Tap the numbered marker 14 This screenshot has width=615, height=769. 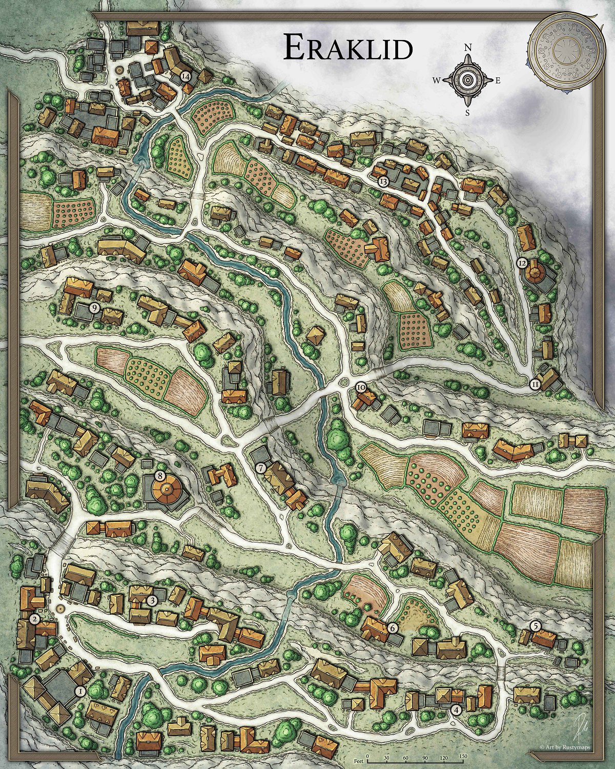click(x=186, y=76)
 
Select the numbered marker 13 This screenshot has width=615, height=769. click(x=383, y=181)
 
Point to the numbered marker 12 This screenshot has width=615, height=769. click(x=522, y=263)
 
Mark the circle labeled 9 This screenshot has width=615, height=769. click(x=94, y=307)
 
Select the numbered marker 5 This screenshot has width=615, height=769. click(x=536, y=625)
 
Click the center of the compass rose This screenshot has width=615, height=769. click(x=467, y=79)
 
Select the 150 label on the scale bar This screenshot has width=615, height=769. click(x=463, y=756)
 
